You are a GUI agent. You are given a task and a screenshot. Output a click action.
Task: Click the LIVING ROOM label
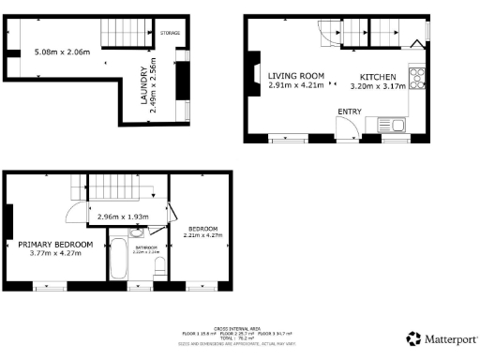click(295, 76)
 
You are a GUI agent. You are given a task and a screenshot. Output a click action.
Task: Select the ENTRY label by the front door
click(350, 112)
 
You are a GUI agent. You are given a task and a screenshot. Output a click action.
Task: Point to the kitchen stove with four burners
click(417, 77)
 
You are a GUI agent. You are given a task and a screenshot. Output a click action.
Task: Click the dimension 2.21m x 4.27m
click(203, 236)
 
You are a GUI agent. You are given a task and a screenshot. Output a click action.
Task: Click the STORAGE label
click(169, 33)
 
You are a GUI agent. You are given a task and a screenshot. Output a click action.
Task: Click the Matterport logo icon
click(412, 338)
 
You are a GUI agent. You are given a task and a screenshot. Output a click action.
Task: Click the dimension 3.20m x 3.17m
click(379, 85)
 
